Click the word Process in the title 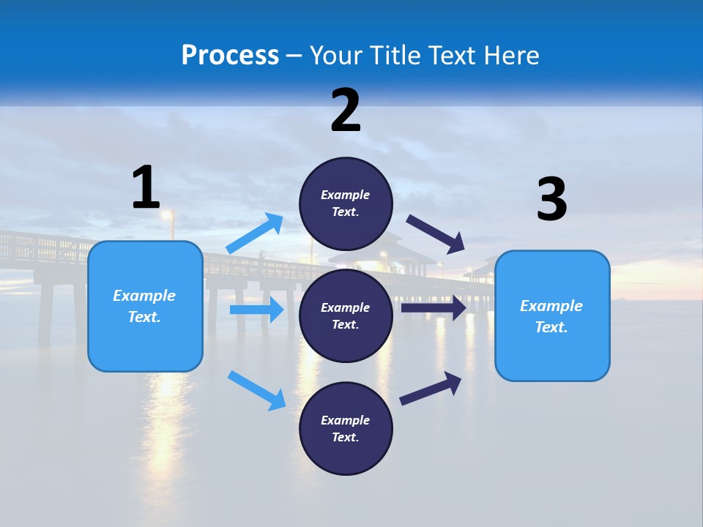pos(230,55)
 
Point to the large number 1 pos(146,187)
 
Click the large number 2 pos(346,111)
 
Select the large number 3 pos(551,200)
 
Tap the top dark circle pos(346,203)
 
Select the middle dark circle pos(346,315)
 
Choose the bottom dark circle pos(346,428)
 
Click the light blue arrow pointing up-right pos(255,233)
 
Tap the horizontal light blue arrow pos(256,310)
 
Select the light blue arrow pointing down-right pos(257,390)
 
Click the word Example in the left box pos(144,296)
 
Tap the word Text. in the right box pos(551,327)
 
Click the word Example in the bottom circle pos(346,420)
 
